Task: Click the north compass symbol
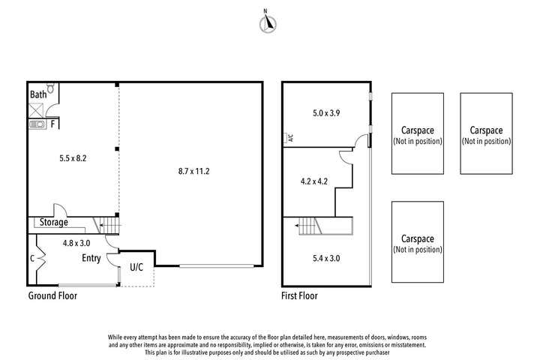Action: point(268,22)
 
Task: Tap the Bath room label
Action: point(38,94)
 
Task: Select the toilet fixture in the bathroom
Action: point(50,88)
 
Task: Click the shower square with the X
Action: point(36,111)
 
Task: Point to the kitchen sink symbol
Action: point(37,124)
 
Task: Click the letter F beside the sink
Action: point(52,124)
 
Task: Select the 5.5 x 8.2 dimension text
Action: point(73,158)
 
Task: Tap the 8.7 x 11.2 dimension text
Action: point(193,171)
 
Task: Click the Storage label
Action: point(54,223)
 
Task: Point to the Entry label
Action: point(91,258)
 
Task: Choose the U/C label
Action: point(136,267)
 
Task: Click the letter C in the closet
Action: point(32,259)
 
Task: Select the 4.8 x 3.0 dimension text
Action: point(76,243)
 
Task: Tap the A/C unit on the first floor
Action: point(289,137)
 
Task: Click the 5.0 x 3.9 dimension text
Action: point(326,112)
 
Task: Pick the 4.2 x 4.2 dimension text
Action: point(314,181)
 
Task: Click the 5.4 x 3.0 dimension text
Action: point(326,258)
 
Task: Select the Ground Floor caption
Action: point(52,295)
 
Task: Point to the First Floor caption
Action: point(299,295)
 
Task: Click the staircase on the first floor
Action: point(310,226)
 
